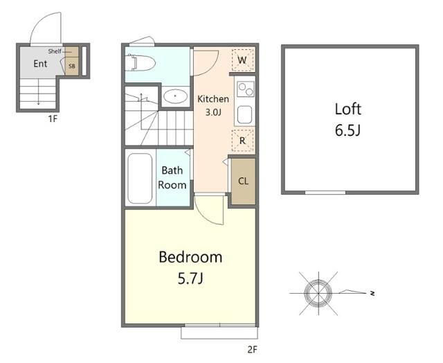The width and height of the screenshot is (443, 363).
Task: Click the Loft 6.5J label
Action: point(347,120)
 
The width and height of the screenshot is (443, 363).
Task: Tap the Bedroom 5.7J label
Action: point(190,267)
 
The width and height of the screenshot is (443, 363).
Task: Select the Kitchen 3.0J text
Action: point(213,105)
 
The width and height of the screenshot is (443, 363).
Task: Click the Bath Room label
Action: point(172,177)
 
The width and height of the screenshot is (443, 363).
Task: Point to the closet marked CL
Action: point(243,181)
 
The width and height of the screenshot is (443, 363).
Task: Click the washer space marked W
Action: point(242,60)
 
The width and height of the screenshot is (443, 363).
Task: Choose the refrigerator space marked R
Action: point(242,141)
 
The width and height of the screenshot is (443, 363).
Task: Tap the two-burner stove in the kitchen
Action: point(245,89)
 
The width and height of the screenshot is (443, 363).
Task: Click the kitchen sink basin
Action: point(244,114)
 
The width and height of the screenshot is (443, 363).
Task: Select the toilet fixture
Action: point(141,63)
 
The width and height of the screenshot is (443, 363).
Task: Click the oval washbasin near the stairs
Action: point(175,96)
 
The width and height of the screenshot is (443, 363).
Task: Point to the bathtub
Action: point(140,179)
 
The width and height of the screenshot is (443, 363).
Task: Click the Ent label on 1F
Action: point(40,64)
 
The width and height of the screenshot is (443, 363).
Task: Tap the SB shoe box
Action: point(72,66)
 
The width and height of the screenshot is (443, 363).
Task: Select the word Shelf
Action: point(55,51)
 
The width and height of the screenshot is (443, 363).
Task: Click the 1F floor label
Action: point(53,118)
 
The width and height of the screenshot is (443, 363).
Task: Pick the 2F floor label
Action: point(252,350)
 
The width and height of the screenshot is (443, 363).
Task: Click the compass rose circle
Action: point(318,293)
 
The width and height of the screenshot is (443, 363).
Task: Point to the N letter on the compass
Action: point(372,293)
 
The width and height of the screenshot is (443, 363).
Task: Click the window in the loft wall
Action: point(325,193)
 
